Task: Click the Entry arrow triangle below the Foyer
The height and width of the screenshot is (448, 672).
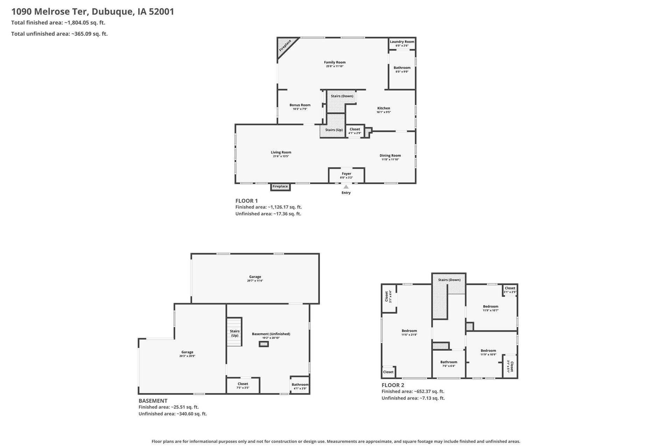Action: coord(346,187)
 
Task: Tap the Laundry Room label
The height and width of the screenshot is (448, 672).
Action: coord(402,42)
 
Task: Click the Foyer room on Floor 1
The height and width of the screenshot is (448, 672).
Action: coord(346,175)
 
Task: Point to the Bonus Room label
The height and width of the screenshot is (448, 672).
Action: coord(300,105)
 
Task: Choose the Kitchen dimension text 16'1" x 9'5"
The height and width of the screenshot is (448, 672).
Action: coord(384,112)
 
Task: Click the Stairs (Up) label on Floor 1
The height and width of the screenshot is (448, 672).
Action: coord(334,130)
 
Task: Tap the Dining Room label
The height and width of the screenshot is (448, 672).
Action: coord(390,155)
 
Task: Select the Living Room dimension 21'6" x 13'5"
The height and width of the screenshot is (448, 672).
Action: coord(281,156)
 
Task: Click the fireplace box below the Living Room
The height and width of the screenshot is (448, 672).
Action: coord(280,187)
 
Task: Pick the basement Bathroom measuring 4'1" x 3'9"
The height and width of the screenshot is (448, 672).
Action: coord(300,385)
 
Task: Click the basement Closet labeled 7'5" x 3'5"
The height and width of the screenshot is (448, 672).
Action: coord(243,386)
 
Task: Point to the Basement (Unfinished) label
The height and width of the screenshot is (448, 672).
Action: coord(271,334)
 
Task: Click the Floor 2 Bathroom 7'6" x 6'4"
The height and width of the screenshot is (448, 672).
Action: coord(449,364)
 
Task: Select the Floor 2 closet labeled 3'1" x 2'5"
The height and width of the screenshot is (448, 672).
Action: coord(510,290)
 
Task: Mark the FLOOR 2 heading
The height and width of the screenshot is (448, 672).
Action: coord(393,385)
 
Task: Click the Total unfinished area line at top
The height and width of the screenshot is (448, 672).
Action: coord(59,34)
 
